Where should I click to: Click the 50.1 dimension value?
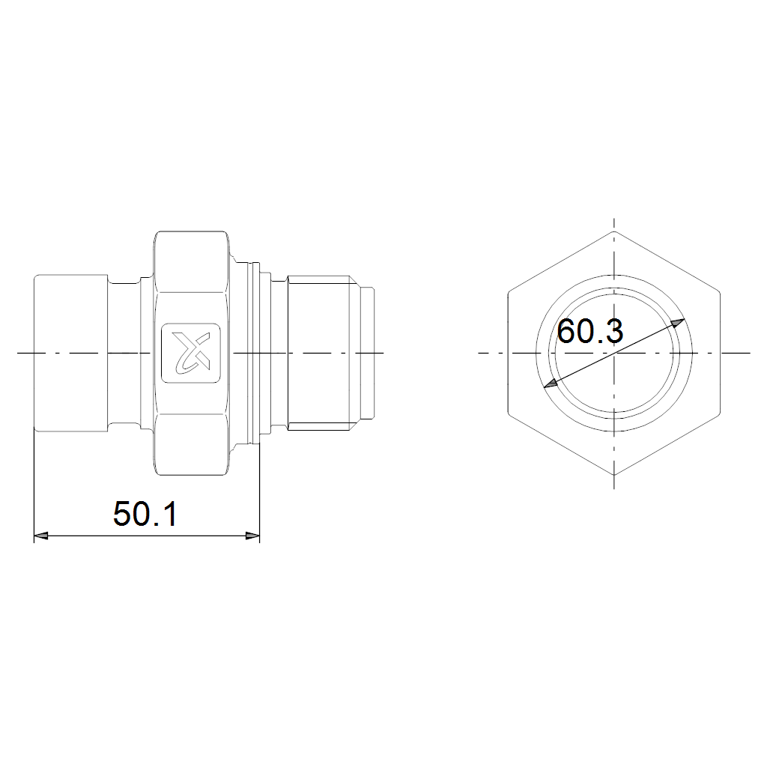point(145,514)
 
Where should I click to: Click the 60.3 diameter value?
point(590,331)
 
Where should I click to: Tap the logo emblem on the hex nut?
point(191,353)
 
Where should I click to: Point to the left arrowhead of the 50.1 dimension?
point(41,536)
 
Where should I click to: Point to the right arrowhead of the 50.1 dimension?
point(252,536)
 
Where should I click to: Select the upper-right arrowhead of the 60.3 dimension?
point(677,324)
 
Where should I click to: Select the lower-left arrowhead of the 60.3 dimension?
point(551,383)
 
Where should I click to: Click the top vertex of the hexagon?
point(614,231)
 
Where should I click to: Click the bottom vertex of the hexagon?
point(614,475)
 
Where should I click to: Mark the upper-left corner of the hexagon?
point(509,292)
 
